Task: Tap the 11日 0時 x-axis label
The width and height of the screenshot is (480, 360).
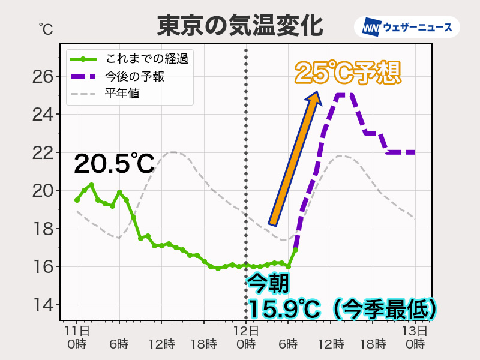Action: click(77, 337)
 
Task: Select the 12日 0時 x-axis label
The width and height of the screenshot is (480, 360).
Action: click(246, 337)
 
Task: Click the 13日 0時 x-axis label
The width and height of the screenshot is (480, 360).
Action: click(415, 337)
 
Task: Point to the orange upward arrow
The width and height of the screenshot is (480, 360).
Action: click(295, 159)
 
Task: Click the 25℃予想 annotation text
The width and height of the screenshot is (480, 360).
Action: click(347, 73)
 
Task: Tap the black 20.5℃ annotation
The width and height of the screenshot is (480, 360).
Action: click(114, 164)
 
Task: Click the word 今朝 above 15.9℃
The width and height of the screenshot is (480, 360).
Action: click(268, 282)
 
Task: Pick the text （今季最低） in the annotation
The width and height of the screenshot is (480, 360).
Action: click(384, 309)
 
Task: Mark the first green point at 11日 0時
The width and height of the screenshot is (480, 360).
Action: click(77, 200)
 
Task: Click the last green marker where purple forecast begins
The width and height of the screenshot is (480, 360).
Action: click(295, 249)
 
